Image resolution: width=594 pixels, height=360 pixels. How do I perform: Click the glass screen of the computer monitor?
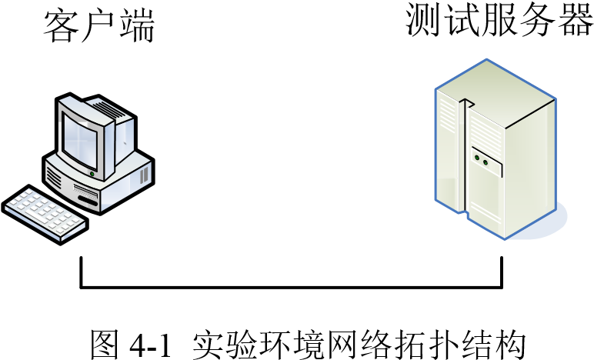[83, 138]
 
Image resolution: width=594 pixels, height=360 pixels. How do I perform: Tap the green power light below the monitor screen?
[92, 174]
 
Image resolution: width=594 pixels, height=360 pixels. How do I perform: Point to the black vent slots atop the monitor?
[108, 110]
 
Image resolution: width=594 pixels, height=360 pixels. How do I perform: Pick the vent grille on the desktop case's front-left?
[54, 178]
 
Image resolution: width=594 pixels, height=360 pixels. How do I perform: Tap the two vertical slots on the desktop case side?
[143, 175]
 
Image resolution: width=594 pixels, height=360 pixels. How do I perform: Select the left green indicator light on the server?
[477, 158]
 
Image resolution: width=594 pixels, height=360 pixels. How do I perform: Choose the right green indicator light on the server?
[486, 162]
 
